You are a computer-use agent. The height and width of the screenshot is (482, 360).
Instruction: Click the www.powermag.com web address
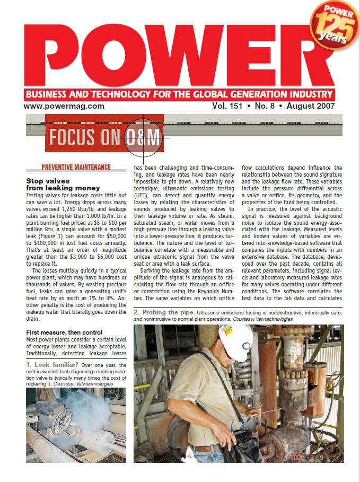coord(64,106)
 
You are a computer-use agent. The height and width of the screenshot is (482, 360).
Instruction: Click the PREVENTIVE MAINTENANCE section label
coord(76,168)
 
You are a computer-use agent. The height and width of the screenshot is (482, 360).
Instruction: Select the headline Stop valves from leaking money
coord(63,185)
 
